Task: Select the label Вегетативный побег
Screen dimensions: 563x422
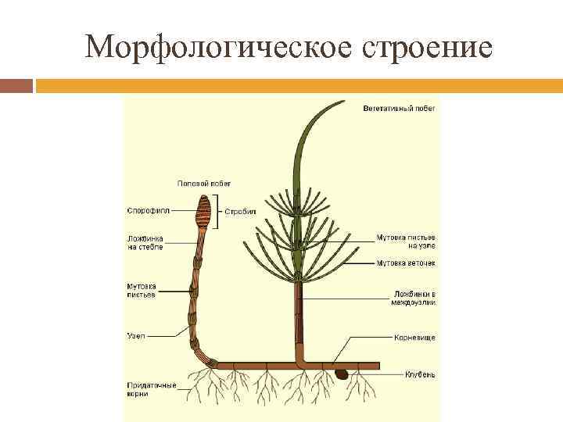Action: (x=399, y=108)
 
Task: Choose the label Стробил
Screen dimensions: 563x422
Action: (x=241, y=211)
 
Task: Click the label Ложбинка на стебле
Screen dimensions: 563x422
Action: (x=145, y=243)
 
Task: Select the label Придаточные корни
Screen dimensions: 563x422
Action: (x=152, y=390)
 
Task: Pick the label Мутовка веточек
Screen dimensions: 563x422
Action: (x=406, y=263)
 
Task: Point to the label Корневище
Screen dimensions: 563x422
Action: (x=414, y=338)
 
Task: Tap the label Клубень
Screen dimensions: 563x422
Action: (x=420, y=374)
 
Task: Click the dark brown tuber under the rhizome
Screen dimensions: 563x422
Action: (x=342, y=374)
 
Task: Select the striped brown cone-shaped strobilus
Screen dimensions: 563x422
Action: (x=203, y=211)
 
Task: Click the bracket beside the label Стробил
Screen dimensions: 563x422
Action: (x=218, y=211)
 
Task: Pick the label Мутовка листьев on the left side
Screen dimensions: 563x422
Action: (x=141, y=290)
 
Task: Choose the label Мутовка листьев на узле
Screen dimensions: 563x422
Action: (x=406, y=241)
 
